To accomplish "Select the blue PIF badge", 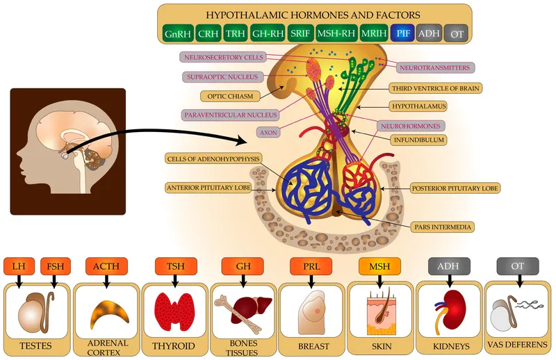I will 402,33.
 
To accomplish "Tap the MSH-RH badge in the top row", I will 336,33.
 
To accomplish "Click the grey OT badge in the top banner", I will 455,33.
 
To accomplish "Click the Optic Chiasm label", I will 226,96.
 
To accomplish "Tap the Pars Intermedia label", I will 443,227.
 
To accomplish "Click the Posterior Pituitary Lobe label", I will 455,188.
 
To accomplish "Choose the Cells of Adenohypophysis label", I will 213,159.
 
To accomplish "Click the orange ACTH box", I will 107,265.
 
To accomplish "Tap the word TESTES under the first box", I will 37,345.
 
